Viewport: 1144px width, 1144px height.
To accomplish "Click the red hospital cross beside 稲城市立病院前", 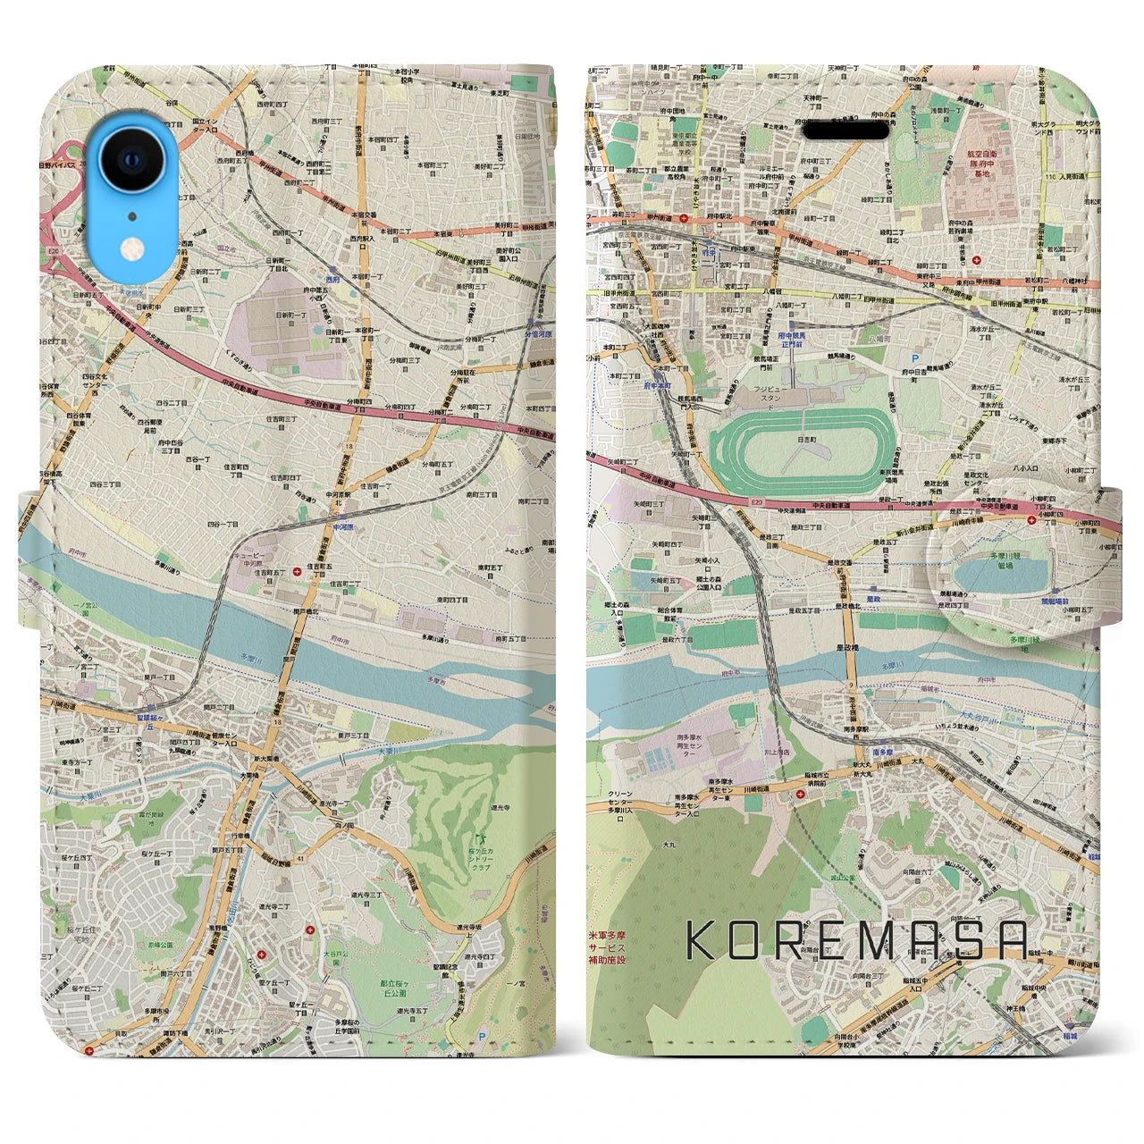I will [x=800, y=792].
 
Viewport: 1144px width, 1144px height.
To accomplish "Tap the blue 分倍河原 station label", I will [x=537, y=333].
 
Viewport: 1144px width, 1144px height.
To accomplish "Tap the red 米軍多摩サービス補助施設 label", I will [x=607, y=946].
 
